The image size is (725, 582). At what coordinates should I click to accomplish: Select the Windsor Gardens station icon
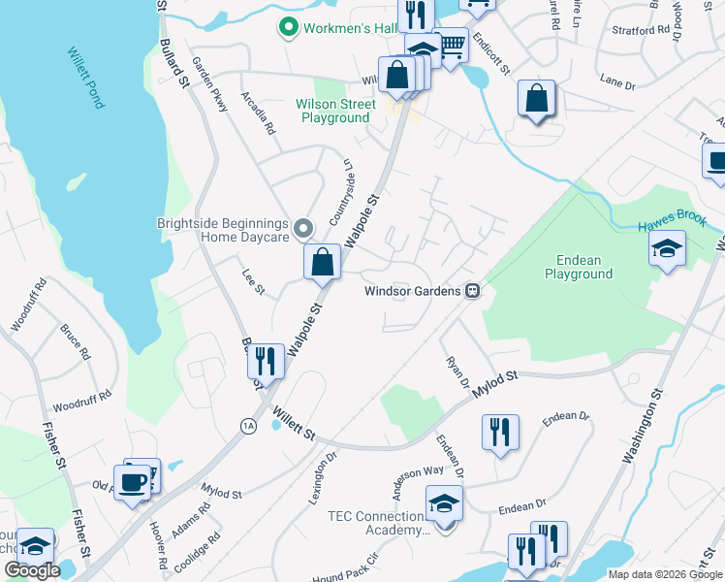point(473,290)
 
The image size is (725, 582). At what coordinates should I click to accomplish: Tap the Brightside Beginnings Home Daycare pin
point(303,229)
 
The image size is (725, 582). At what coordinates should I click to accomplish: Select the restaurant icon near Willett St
point(266,361)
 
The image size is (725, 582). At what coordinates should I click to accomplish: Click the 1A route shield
point(247,424)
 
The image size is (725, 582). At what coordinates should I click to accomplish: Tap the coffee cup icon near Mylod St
point(132,481)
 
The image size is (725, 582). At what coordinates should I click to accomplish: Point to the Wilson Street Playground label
point(335,111)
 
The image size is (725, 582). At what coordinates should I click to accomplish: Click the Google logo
point(33,570)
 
